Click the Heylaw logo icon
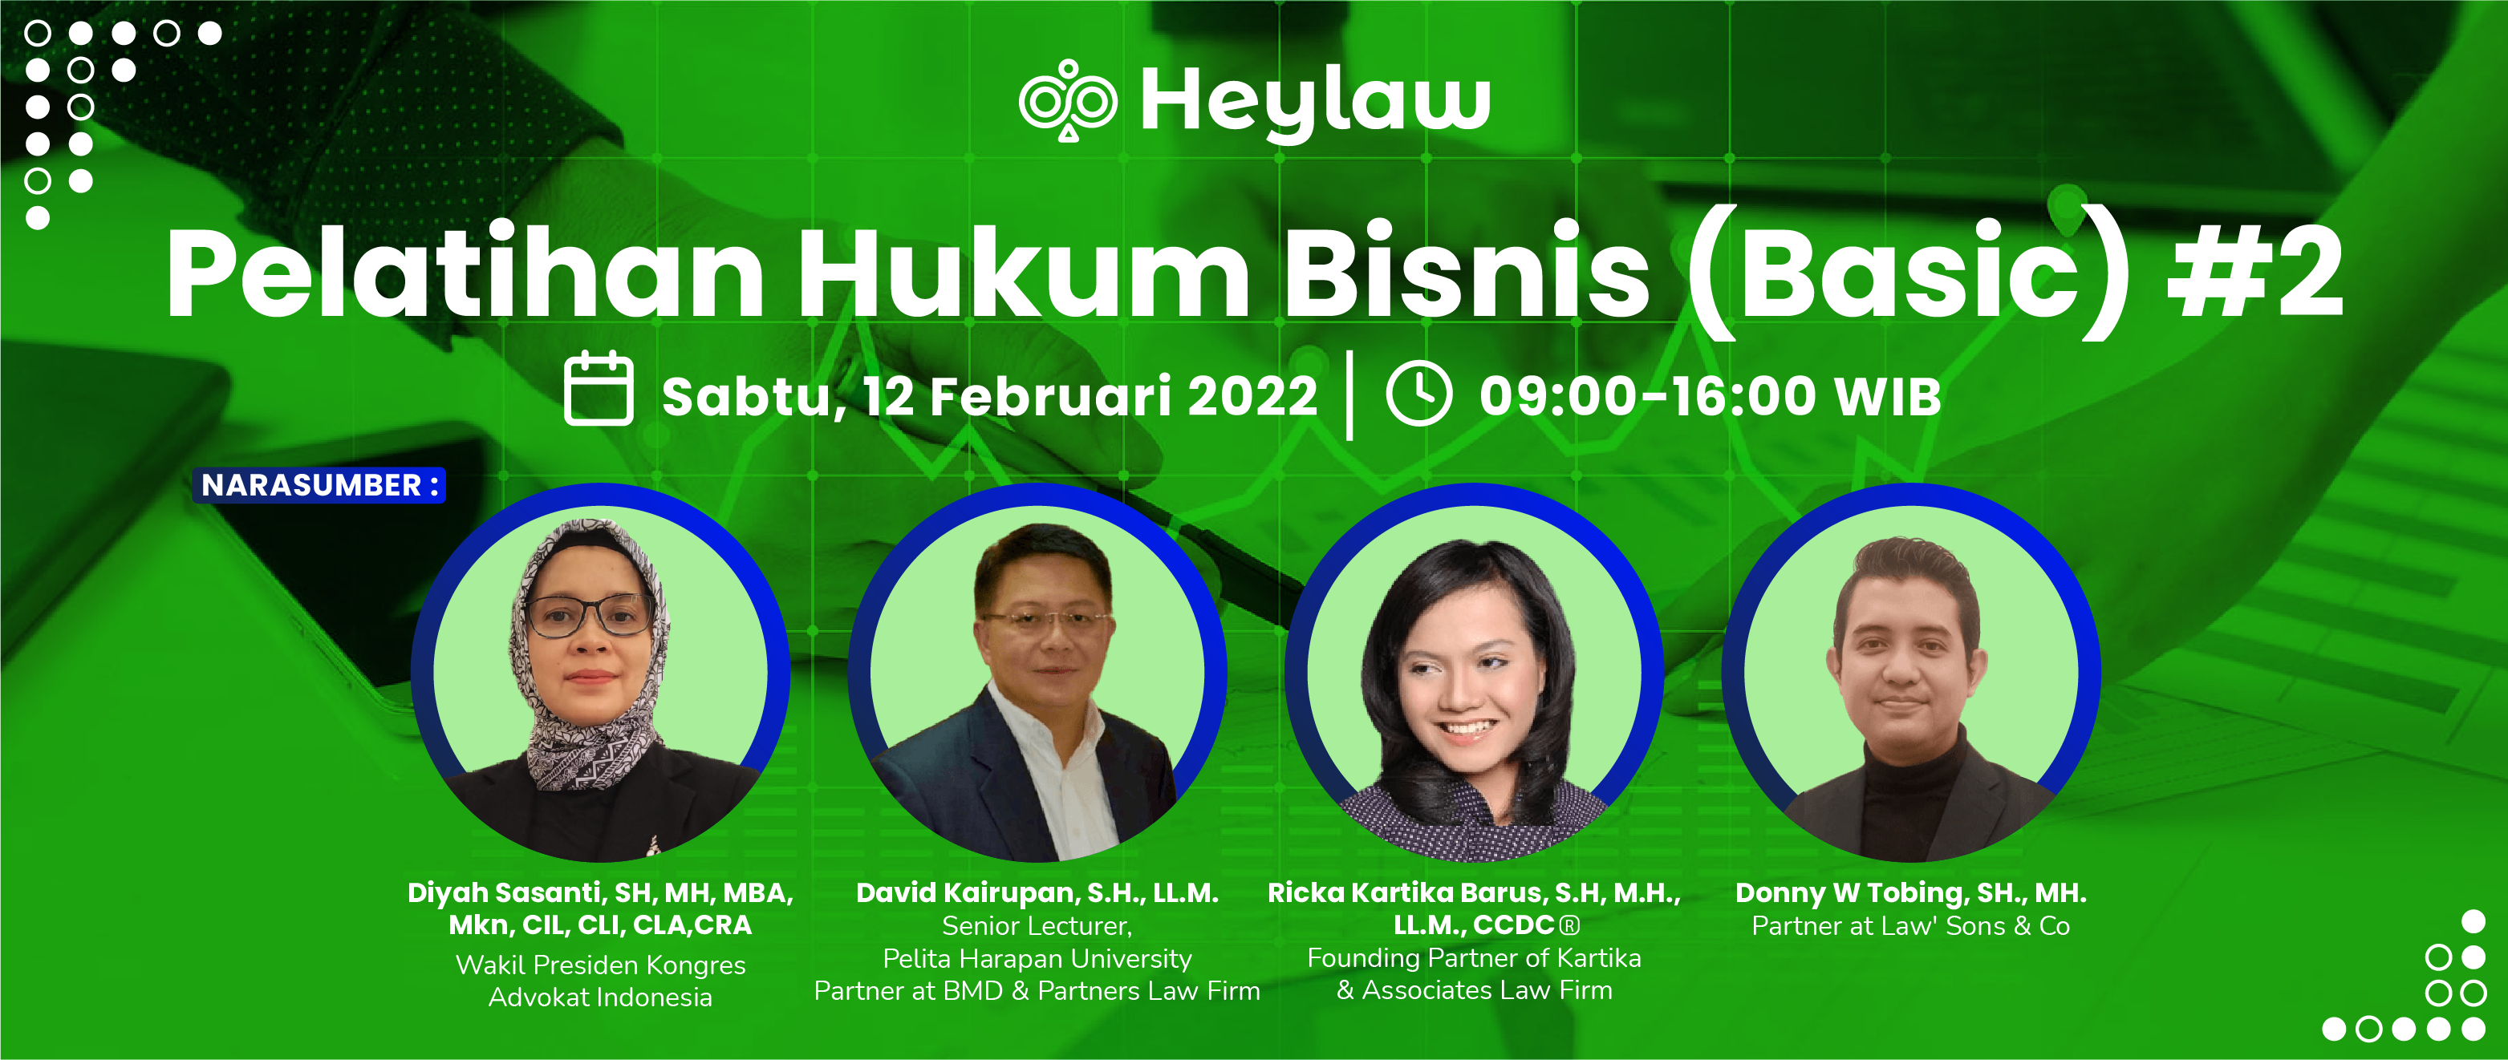tap(1067, 100)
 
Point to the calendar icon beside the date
tap(599, 390)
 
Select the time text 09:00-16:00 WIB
tap(1710, 397)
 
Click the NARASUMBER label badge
tap(319, 485)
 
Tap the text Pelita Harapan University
tap(1037, 959)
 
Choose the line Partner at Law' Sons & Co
tap(1910, 925)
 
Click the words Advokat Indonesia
tap(600, 997)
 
